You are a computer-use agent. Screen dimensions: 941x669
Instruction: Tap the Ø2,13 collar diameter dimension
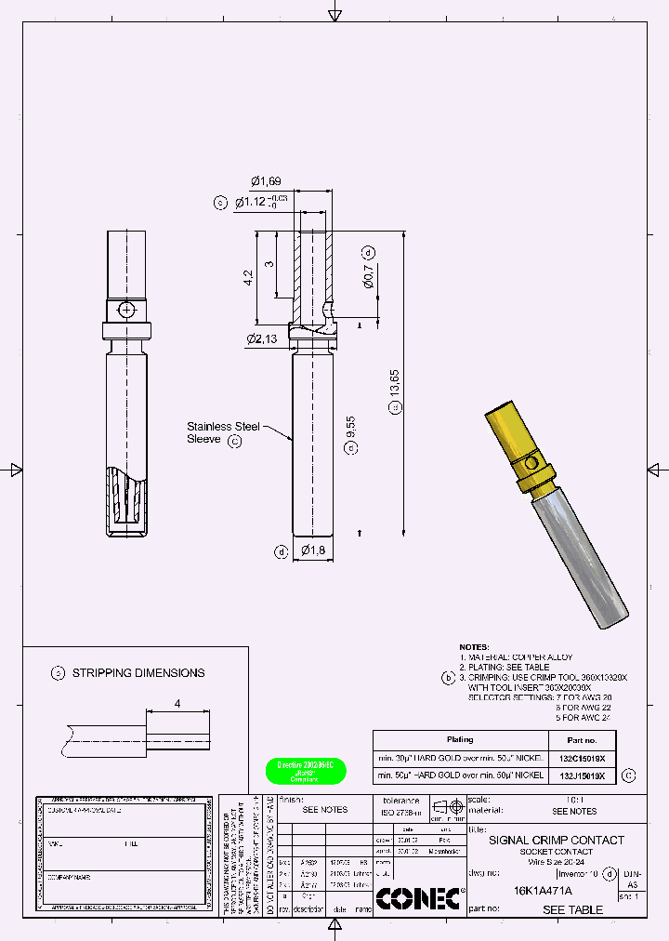[x=264, y=338]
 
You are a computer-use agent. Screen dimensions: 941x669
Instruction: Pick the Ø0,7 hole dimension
[x=369, y=276]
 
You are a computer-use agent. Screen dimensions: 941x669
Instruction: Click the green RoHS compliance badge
[x=306, y=771]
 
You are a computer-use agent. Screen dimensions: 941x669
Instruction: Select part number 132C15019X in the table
[x=583, y=757]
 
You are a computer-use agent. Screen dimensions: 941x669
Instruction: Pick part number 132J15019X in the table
[x=583, y=775]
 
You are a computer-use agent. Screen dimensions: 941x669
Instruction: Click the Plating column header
[x=460, y=740]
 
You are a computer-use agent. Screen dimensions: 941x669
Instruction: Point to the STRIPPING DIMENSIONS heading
[x=138, y=672]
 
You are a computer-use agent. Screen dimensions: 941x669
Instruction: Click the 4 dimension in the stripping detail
[x=177, y=703]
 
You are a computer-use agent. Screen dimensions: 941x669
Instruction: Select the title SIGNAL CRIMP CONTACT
[x=557, y=840]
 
